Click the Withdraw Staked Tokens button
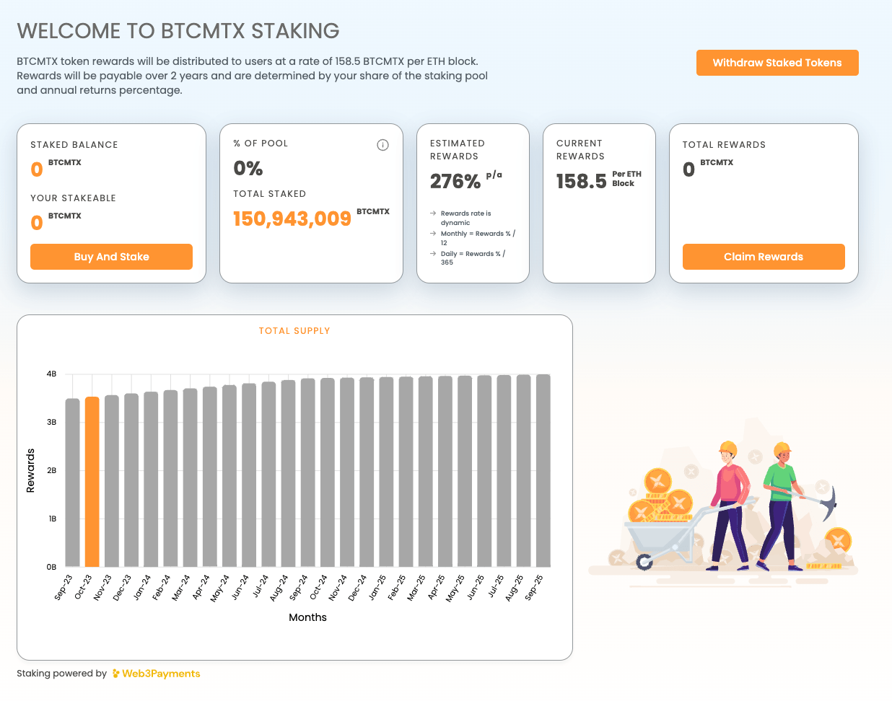[x=777, y=63]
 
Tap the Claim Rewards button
[x=764, y=257]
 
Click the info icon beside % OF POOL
[x=382, y=145]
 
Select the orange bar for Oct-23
[x=92, y=481]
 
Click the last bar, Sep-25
[x=543, y=470]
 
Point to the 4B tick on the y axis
[x=51, y=374]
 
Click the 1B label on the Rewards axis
[x=52, y=519]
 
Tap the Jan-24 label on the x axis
[x=144, y=587]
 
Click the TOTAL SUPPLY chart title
[x=294, y=331]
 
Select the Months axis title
[x=307, y=617]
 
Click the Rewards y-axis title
[x=30, y=470]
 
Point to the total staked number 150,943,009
[x=292, y=219]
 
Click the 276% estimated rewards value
[x=455, y=181]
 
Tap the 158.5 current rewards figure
[x=581, y=181]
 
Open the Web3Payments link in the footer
[x=160, y=674]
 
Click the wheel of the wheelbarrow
[x=644, y=561]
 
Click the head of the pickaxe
[x=831, y=501]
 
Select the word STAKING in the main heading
[x=295, y=31]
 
